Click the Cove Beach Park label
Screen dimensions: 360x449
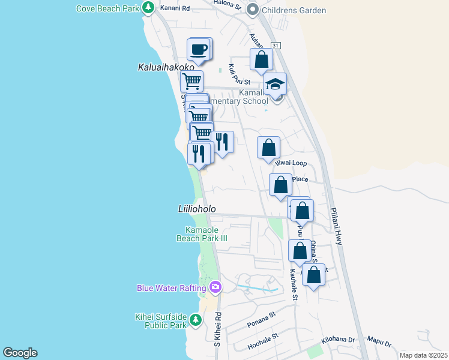click(106, 8)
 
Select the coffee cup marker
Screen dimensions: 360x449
click(198, 49)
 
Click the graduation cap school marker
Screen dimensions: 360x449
click(275, 83)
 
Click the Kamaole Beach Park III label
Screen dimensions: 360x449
click(202, 234)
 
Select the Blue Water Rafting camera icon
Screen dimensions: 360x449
click(215, 288)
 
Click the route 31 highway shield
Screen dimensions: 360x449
click(275, 46)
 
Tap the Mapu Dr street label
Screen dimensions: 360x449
click(379, 344)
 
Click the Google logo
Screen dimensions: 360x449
click(20, 353)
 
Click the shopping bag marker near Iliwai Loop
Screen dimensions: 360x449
click(269, 148)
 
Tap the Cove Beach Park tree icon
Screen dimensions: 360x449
click(148, 8)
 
